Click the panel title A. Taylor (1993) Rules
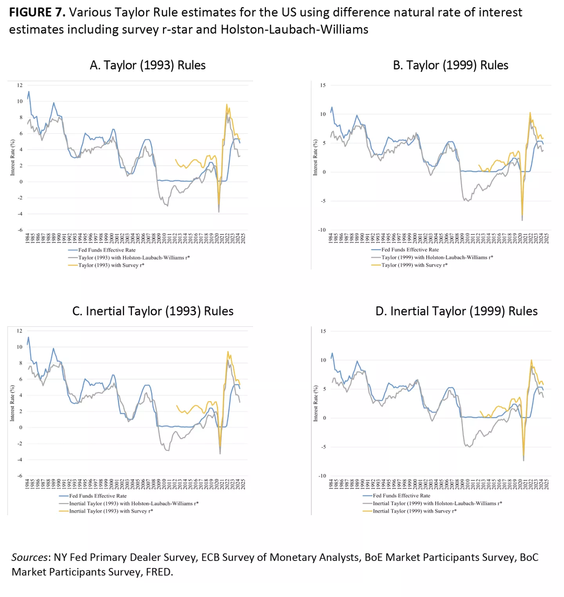click(147, 65)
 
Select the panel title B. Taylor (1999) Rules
click(450, 65)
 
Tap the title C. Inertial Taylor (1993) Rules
click(153, 311)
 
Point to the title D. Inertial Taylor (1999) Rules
click(456, 311)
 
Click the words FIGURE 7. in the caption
click(37, 12)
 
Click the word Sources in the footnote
click(30, 557)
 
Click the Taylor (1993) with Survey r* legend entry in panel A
click(111, 265)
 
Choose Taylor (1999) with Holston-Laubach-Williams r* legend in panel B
click(437, 257)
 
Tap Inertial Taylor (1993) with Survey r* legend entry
click(111, 511)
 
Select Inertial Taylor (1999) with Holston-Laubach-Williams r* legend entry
click(437, 503)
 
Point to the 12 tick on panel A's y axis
click(20, 85)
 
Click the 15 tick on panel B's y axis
click(323, 85)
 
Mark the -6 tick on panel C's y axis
click(20, 476)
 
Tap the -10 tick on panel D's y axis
click(322, 476)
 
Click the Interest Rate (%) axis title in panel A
click(13, 157)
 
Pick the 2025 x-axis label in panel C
click(243, 484)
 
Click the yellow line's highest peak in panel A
click(226, 105)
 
